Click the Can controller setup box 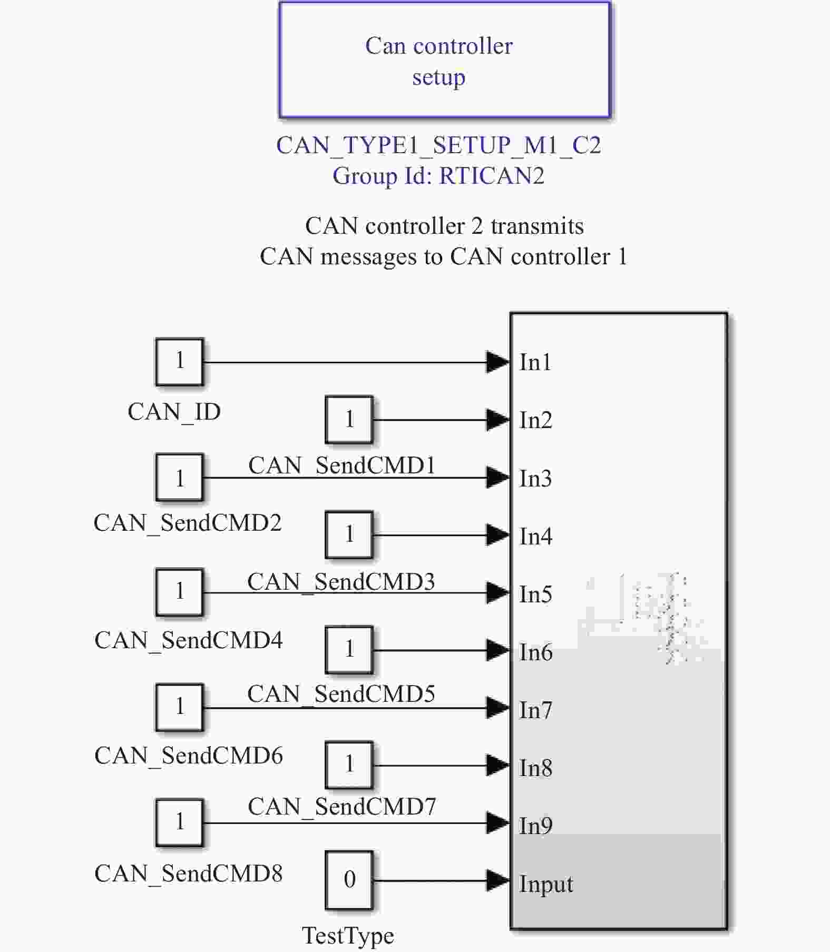(444, 60)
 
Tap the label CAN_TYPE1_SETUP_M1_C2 (438, 145)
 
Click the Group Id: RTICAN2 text (438, 176)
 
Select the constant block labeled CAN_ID (179, 362)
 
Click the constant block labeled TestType (349, 880)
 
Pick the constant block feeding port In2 (349, 420)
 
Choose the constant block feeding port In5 (179, 592)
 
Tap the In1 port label (535, 362)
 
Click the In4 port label (535, 537)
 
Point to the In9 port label (535, 826)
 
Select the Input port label (546, 884)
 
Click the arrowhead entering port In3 (497, 478)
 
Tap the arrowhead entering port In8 (497, 766)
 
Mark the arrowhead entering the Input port (497, 880)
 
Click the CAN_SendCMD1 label (342, 465)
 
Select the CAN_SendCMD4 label (188, 640)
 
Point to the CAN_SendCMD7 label (342, 807)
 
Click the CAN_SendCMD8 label (188, 874)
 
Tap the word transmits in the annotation (537, 226)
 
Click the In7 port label (535, 710)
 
